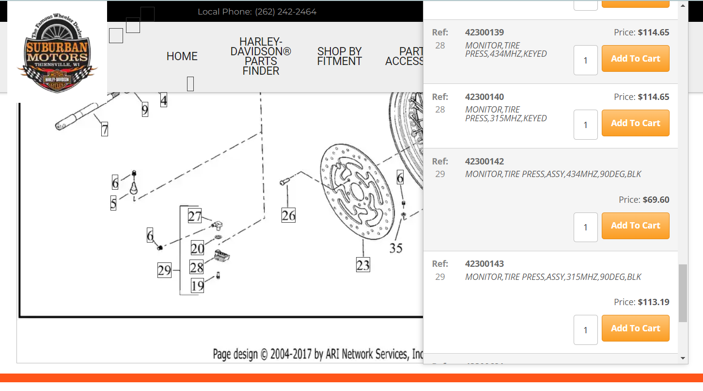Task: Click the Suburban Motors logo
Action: click(57, 52)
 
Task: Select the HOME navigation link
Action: click(182, 56)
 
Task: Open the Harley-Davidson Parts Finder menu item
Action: click(261, 56)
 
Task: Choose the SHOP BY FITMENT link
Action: click(339, 56)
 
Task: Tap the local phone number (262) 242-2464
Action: click(285, 12)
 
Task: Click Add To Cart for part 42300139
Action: click(635, 59)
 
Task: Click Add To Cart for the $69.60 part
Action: click(635, 226)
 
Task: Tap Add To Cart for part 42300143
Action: click(635, 328)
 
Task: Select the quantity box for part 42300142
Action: click(585, 227)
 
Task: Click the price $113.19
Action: click(654, 302)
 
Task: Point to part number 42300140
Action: click(484, 97)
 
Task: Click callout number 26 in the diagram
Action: click(288, 215)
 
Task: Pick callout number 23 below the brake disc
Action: click(363, 265)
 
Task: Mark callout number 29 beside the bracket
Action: click(164, 270)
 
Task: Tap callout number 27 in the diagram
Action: click(195, 216)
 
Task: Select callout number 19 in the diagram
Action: click(197, 286)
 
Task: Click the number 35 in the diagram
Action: click(396, 248)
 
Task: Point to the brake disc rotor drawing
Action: click(356, 192)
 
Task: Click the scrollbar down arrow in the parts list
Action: click(683, 358)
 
